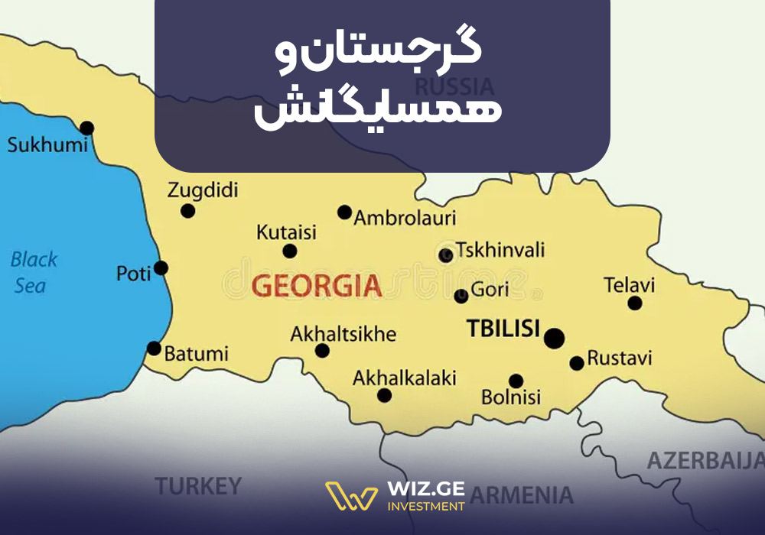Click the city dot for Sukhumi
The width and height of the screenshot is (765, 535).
(87, 128)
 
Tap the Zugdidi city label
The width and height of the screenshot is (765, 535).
(203, 190)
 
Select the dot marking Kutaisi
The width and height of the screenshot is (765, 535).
(289, 251)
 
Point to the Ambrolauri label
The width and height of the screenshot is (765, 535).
(405, 218)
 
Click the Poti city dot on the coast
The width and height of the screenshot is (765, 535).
(161, 267)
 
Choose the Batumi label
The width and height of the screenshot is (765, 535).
(197, 355)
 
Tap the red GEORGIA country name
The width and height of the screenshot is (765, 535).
(316, 286)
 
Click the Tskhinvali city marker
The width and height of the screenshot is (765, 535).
(446, 255)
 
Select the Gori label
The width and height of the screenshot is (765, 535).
(490, 290)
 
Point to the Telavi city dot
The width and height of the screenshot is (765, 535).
(634, 303)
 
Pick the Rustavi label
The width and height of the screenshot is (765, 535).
(620, 358)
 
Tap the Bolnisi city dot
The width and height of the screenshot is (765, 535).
(516, 381)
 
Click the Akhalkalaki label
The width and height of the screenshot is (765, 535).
(404, 378)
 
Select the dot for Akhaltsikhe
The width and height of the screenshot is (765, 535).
(322, 351)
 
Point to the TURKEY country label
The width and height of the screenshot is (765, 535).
(198, 485)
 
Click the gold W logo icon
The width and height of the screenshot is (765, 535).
(351, 496)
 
